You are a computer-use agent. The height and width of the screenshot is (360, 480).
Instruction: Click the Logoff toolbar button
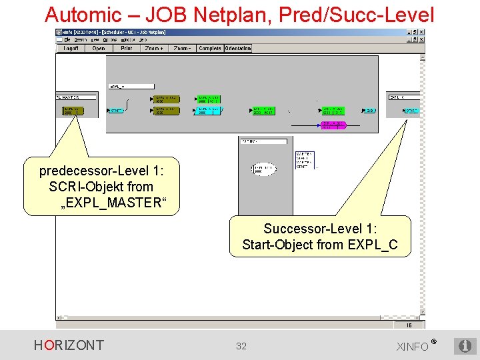click(x=69, y=49)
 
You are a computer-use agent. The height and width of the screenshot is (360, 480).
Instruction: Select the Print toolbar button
click(x=127, y=49)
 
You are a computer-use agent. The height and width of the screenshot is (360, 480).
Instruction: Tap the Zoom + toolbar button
click(x=154, y=49)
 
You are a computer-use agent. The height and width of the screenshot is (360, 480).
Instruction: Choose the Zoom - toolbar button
click(x=182, y=49)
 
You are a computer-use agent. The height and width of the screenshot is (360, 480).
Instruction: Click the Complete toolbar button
click(x=210, y=49)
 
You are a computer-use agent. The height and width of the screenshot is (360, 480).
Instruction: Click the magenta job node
click(x=333, y=125)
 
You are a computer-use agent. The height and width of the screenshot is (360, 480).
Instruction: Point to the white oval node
click(x=265, y=170)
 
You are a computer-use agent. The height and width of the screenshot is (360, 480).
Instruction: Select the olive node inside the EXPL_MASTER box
click(x=73, y=111)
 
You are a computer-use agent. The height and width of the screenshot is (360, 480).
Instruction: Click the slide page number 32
click(x=241, y=346)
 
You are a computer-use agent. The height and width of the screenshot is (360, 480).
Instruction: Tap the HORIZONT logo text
click(x=69, y=345)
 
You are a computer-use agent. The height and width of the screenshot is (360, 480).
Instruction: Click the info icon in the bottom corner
click(x=465, y=346)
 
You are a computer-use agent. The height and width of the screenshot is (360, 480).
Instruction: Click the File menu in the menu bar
click(x=67, y=40)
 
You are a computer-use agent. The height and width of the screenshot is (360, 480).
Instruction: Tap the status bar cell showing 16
click(x=409, y=325)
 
